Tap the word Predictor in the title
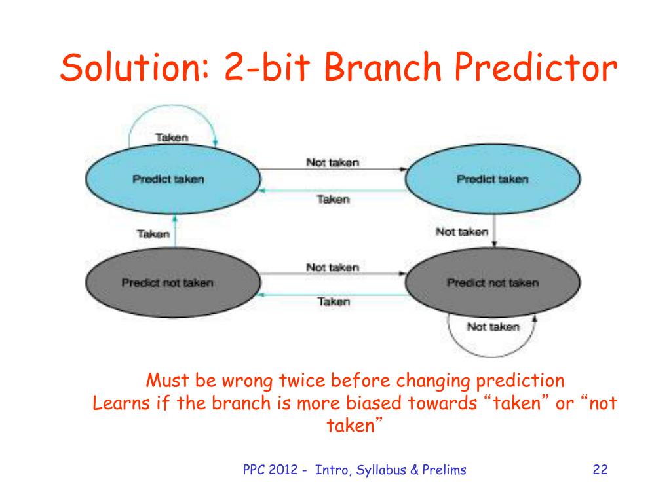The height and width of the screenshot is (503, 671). click(x=536, y=67)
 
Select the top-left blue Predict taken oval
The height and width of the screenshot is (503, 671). click(x=173, y=179)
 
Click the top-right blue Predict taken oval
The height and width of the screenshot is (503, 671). click(x=493, y=179)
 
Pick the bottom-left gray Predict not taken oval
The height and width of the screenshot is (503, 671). click(x=173, y=282)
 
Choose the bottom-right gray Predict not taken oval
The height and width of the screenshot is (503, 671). click(x=493, y=282)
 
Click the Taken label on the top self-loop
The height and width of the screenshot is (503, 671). click(x=172, y=138)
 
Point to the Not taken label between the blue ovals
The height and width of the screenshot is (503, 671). click(x=332, y=162)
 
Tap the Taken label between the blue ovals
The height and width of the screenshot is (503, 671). click(x=334, y=199)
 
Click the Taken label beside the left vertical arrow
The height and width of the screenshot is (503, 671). click(x=153, y=234)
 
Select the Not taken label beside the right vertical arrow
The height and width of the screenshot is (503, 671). click(x=462, y=231)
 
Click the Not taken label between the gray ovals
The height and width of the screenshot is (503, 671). click(x=332, y=267)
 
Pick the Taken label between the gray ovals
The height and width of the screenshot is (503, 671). click(x=334, y=301)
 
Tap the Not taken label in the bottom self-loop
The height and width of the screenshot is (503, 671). click(x=493, y=326)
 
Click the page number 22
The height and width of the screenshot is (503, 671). click(x=600, y=470)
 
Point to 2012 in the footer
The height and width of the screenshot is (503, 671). click(x=283, y=470)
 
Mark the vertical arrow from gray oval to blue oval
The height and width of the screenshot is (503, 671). click(x=174, y=231)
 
